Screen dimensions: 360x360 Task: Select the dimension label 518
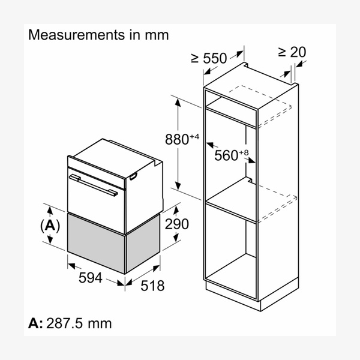152,286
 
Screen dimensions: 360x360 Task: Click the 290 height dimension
176,224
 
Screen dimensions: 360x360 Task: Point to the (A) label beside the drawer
51,225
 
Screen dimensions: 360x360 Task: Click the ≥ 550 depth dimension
209,58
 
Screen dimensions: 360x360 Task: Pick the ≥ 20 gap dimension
292,52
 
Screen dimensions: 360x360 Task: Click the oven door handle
93,184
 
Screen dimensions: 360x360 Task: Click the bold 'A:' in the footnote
35,323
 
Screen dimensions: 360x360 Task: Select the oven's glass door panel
96,192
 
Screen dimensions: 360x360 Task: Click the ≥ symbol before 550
195,58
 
